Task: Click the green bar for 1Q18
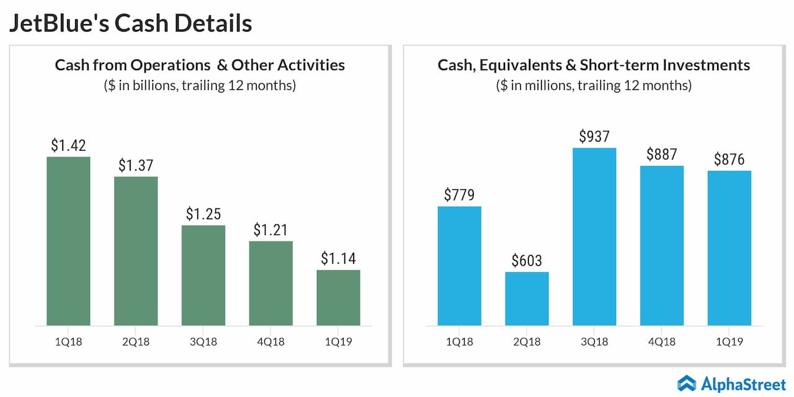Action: coord(68,241)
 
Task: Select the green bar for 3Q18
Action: coord(203,275)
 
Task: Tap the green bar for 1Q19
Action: coord(338,298)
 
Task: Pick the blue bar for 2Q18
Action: coord(527,298)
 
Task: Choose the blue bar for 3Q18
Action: coord(594,236)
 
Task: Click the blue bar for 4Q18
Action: coord(662,246)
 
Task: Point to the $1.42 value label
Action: coord(68,146)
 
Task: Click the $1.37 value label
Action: coord(136,166)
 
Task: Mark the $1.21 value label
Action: coord(270,230)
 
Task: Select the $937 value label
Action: coord(594,136)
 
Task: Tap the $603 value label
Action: coord(527,261)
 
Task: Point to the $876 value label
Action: coord(729,159)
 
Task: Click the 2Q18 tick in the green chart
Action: coord(136,342)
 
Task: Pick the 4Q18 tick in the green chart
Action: coord(270,342)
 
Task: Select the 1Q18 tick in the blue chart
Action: coord(459,342)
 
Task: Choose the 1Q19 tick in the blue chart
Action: coord(729,342)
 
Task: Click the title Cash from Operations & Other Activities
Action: coord(200,65)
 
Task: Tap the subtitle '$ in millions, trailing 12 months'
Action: coord(594,86)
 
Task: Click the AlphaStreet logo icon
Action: coord(687,383)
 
